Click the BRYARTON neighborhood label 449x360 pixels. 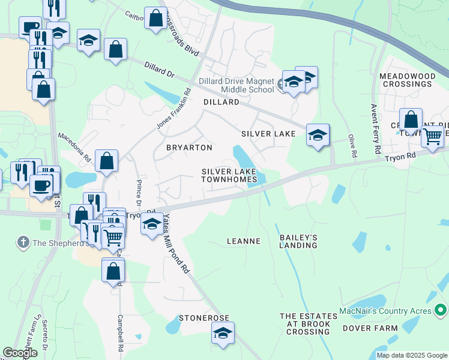189,148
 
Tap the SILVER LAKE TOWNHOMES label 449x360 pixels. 229,175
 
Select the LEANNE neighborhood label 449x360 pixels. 243,241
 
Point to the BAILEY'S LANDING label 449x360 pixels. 298,241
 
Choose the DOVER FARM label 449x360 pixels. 370,328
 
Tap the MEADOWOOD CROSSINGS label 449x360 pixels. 406,80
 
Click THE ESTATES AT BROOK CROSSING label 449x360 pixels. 304,323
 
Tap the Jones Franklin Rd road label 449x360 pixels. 173,109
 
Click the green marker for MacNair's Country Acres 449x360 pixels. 441,311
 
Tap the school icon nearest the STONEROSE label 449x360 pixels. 223,334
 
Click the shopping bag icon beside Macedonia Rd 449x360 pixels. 106,160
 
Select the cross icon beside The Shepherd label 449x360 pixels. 23,243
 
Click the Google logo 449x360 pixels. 20,353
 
